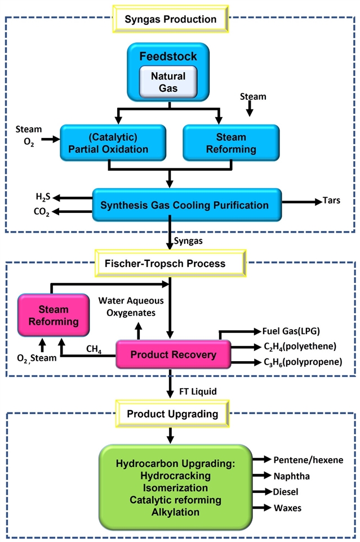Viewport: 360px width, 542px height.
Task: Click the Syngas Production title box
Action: (x=171, y=19)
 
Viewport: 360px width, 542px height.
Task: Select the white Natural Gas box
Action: (x=168, y=81)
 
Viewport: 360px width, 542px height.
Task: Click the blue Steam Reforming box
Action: (x=231, y=143)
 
